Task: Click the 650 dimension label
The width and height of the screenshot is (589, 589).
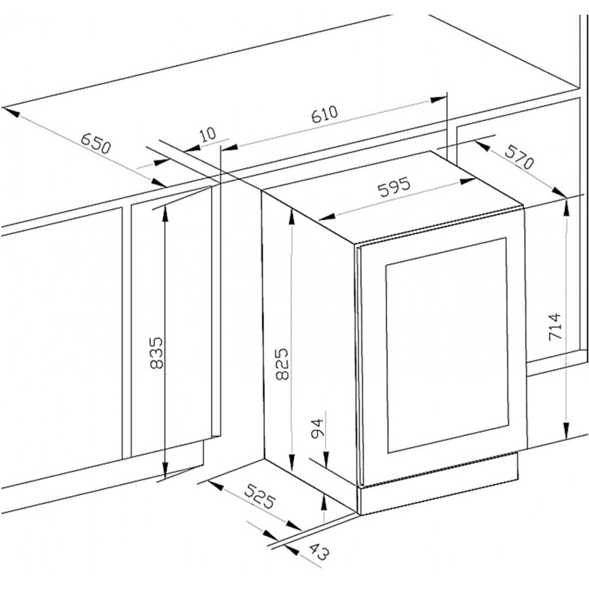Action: click(95, 143)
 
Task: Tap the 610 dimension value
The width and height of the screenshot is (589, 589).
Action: click(324, 114)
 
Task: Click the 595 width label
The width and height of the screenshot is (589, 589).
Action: click(394, 187)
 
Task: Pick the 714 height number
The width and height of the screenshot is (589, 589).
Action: click(555, 326)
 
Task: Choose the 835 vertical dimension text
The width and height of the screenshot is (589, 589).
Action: click(158, 353)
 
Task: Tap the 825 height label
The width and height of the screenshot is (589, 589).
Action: click(282, 363)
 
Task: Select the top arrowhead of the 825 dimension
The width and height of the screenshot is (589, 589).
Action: click(292, 217)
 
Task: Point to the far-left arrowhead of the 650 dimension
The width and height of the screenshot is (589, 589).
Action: click(11, 111)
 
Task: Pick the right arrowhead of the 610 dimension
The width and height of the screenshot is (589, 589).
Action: click(438, 99)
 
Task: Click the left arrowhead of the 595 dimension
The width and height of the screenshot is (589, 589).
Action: click(327, 217)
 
